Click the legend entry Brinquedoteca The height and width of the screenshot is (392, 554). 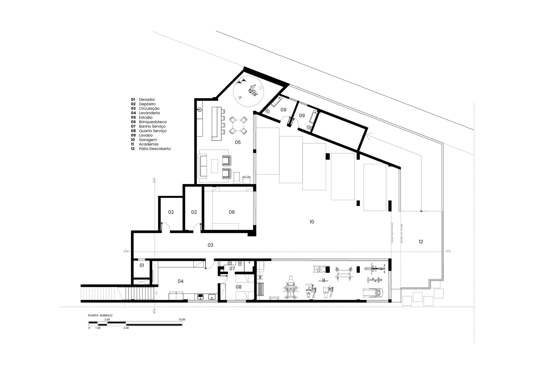tap(152, 122)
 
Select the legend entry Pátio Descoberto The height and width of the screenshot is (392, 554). tap(155, 149)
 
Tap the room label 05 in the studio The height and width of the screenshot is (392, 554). tap(238, 142)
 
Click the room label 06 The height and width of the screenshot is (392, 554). tap(232, 212)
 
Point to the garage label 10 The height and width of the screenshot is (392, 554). tap(312, 222)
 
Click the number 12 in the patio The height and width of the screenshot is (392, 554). tap(421, 242)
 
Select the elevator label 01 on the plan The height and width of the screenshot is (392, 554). tap(142, 266)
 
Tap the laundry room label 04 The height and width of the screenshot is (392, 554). tap(180, 281)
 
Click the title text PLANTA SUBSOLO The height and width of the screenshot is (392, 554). tap(100, 315)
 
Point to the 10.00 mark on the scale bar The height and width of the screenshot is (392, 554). tap(182, 320)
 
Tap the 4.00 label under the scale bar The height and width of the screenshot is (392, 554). tap(126, 328)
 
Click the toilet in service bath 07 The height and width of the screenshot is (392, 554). tap(240, 264)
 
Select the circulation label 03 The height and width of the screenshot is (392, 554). tap(210, 245)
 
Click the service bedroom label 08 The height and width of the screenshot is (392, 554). tap(238, 287)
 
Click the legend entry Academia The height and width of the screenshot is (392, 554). tap(148, 144)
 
